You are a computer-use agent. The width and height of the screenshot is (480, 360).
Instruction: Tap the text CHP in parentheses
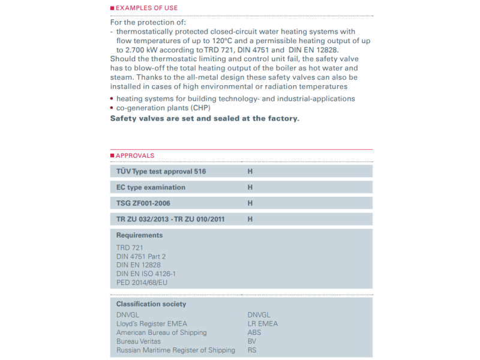coord(202,107)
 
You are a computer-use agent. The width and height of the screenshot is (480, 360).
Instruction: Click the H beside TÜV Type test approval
coord(250,171)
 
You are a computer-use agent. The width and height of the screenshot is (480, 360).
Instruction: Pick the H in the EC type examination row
coord(250,187)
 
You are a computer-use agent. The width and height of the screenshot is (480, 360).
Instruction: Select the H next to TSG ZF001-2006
coord(250,203)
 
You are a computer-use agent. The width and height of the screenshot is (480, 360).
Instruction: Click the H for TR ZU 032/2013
coord(250,220)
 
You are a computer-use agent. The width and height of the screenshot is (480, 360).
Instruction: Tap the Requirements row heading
coord(139,236)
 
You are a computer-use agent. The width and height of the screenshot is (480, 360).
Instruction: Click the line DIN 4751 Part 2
coord(141,256)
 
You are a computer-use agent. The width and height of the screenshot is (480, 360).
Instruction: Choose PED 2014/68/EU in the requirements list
coord(143,283)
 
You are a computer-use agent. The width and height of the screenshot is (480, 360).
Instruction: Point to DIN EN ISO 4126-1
coord(146,274)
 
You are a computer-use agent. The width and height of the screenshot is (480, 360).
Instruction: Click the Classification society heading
coord(151,304)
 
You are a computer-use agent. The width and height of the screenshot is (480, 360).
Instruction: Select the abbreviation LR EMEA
coord(263,323)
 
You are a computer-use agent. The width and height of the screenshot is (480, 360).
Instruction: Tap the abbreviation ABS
coord(254,332)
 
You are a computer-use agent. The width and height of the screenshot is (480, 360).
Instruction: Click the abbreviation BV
coord(252,341)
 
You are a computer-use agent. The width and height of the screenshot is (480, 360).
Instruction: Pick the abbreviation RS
coord(252,350)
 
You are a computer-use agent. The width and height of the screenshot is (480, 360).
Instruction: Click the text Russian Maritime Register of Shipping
coord(176,350)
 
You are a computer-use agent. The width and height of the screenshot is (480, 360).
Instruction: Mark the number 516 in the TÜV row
coord(200,171)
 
